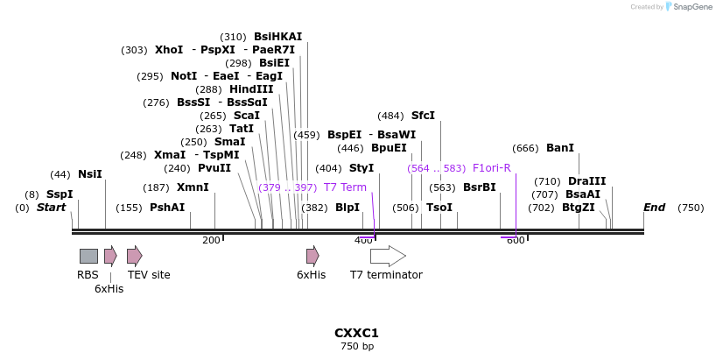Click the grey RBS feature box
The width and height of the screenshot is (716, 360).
pyautogui.click(x=88, y=256)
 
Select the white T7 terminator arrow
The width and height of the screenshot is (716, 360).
pyautogui.click(x=387, y=256)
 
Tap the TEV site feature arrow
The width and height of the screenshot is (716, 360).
pyautogui.click(x=134, y=256)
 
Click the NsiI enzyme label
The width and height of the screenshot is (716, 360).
pyautogui.click(x=90, y=174)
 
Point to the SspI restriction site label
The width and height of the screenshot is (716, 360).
pyautogui.click(x=60, y=194)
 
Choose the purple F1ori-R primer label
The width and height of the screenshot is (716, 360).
pyautogui.click(x=491, y=168)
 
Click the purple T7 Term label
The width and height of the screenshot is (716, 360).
pyautogui.click(x=345, y=187)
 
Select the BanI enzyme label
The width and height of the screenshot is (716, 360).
pyautogui.click(x=560, y=148)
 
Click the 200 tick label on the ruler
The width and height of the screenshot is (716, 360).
pyautogui.click(x=211, y=240)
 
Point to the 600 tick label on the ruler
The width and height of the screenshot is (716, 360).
pyautogui.click(x=516, y=240)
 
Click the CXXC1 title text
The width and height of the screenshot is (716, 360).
pyautogui.click(x=356, y=333)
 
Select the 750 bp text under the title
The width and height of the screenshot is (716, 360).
pyautogui.click(x=356, y=347)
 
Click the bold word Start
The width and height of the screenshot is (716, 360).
pyautogui.click(x=51, y=208)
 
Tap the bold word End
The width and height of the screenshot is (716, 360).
pyautogui.click(x=654, y=208)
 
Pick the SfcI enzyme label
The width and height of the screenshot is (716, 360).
pyautogui.click(x=423, y=116)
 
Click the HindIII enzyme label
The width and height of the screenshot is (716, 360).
pyautogui.click(x=251, y=89)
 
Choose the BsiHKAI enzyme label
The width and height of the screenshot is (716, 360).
pyautogui.click(x=277, y=37)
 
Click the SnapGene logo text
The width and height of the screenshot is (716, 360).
pyautogui.click(x=691, y=7)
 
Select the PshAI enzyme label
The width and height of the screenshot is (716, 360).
pyautogui.click(x=167, y=208)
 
